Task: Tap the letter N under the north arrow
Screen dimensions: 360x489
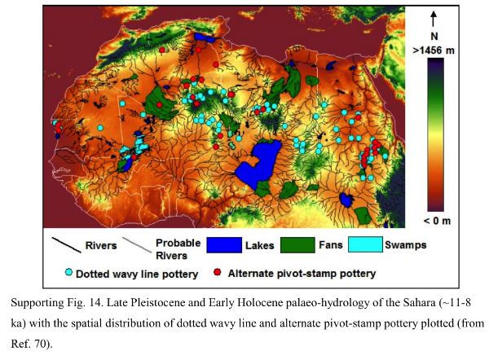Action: pyautogui.click(x=436, y=37)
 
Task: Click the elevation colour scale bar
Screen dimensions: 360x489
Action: pyautogui.click(x=436, y=135)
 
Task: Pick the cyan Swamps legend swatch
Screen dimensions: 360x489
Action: pyautogui.click(x=370, y=244)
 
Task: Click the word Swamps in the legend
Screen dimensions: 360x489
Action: pyautogui.click(x=409, y=244)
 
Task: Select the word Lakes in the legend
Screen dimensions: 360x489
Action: pyautogui.click(x=264, y=244)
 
